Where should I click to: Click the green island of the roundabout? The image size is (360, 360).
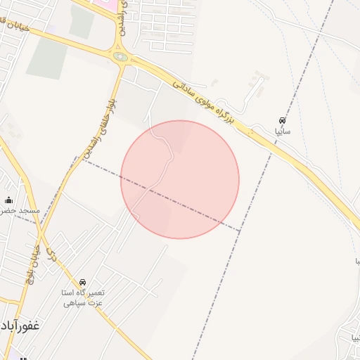[121, 57]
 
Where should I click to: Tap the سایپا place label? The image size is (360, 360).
[283, 131]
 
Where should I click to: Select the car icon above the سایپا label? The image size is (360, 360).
[282, 120]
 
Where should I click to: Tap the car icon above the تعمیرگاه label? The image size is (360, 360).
[83, 283]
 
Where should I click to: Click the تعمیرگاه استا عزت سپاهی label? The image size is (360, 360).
[84, 297]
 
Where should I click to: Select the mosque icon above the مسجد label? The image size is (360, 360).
[8, 200]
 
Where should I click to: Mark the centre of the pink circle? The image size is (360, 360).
[180, 180]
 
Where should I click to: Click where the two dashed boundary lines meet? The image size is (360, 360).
[240, 231]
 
